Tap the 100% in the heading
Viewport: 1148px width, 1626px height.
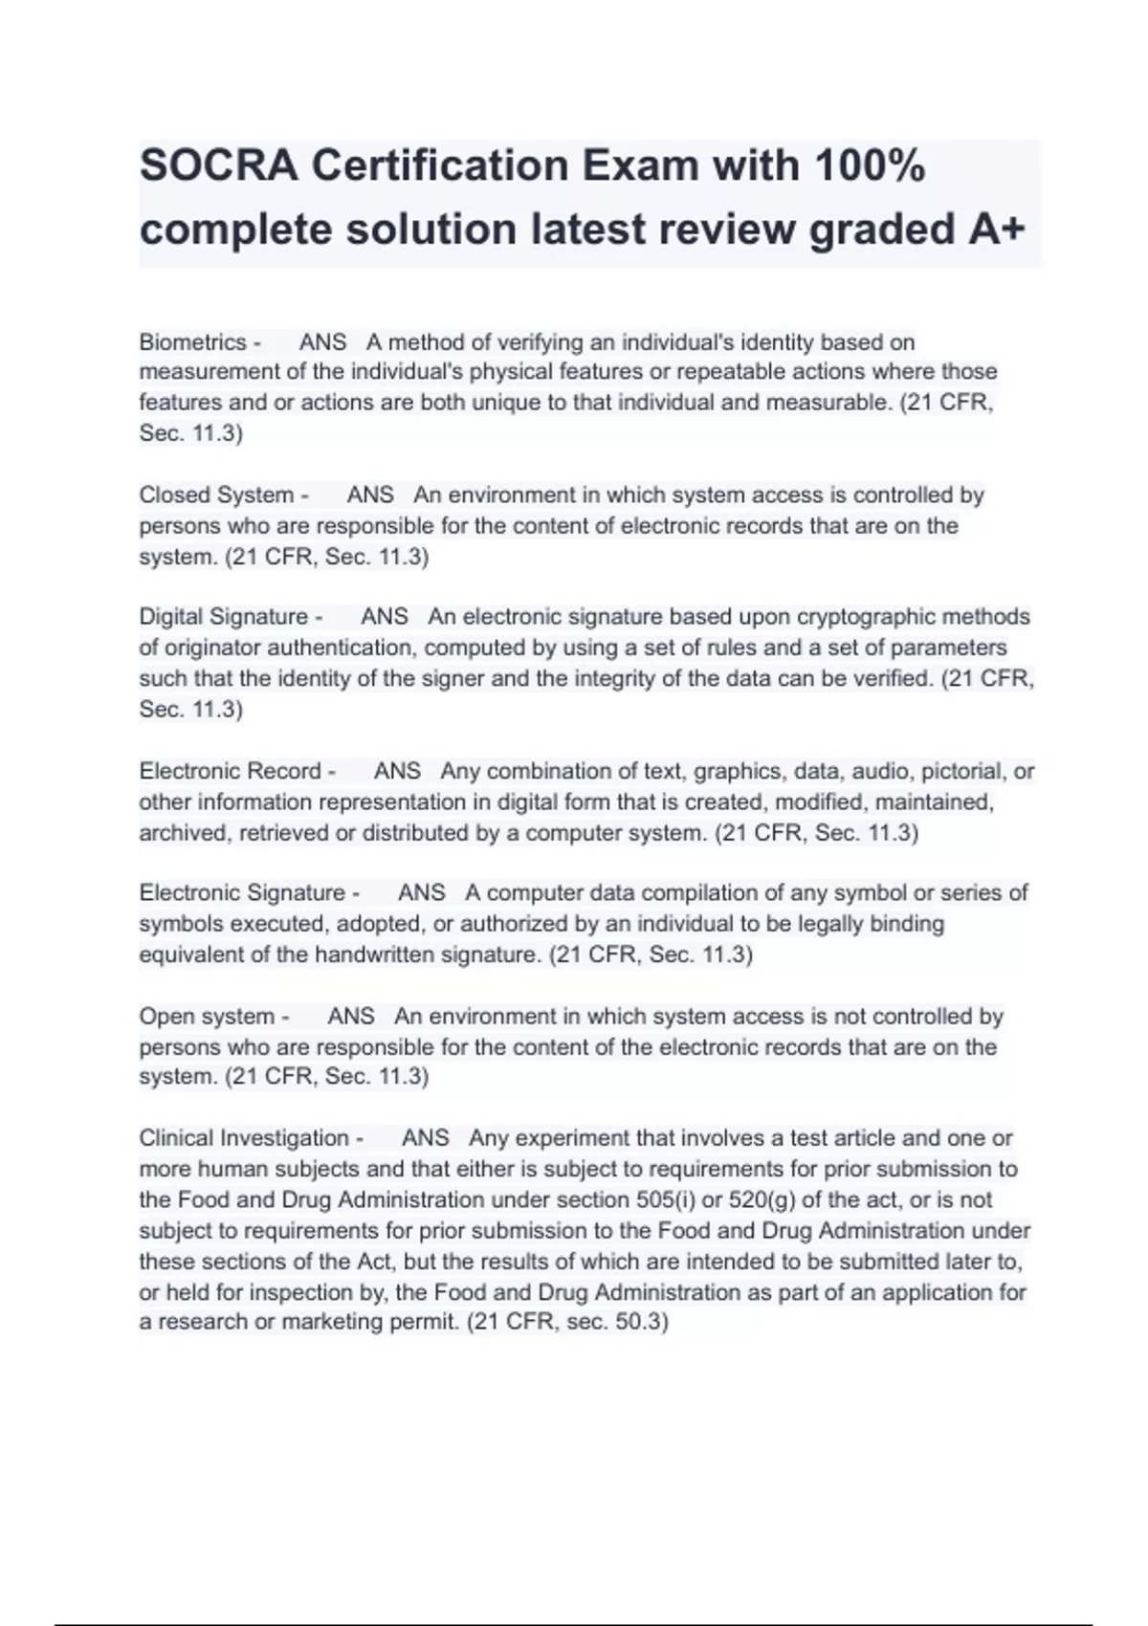870,165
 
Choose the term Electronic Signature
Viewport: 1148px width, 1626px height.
242,892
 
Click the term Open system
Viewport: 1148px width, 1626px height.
207,1016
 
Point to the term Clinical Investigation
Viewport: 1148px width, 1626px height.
244,1137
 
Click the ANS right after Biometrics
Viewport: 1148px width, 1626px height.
322,341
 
